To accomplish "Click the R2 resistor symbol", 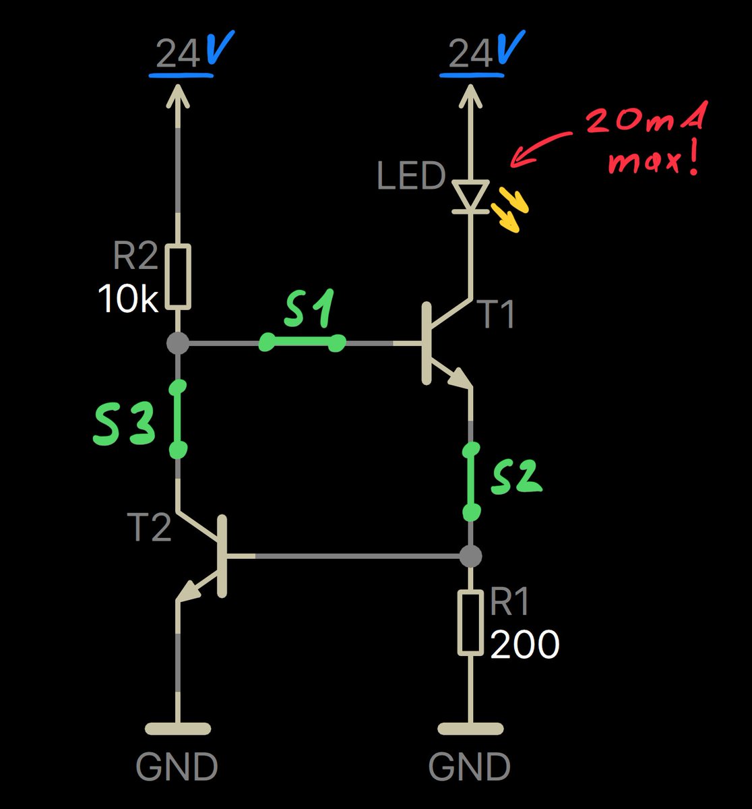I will coord(179,277).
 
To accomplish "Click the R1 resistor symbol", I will coord(470,623).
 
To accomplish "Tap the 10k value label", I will coord(129,299).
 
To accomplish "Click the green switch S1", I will coord(302,343).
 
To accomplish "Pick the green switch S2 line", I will coord(472,480).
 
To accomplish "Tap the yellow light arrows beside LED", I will coord(511,210).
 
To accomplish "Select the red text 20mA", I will coord(645,121).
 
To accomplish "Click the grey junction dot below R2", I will coord(178,343).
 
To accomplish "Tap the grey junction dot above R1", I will coord(471,556).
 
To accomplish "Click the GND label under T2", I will coord(177,767).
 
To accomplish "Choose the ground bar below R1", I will coord(470,729).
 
